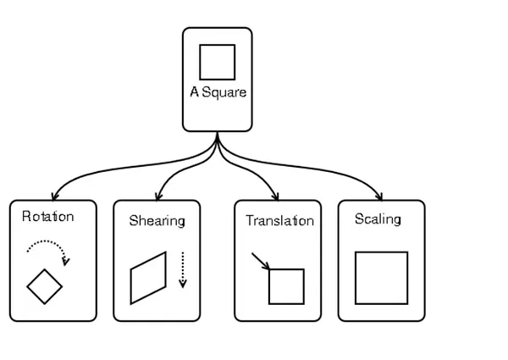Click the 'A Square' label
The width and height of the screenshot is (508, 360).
218,93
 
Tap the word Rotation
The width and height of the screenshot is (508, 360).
48,217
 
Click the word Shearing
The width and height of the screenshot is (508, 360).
157,221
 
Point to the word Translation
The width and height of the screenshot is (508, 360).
280,221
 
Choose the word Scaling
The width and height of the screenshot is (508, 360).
378,219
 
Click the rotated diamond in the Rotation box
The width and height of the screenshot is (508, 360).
36,278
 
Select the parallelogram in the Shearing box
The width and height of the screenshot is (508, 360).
131,286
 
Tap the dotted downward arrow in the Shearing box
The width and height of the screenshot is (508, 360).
183,269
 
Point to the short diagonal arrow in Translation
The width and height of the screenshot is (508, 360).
261,261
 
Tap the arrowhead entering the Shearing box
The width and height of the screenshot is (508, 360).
157,197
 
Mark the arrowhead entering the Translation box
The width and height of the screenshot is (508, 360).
276,197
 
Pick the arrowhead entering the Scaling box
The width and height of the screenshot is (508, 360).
379,197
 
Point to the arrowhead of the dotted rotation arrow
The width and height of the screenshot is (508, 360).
66,262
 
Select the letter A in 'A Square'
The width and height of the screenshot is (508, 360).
195,91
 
